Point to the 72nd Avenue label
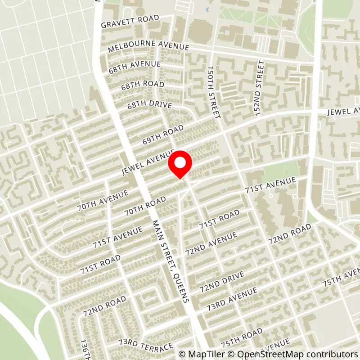[x=211, y=244]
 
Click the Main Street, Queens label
[x=171, y=261]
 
